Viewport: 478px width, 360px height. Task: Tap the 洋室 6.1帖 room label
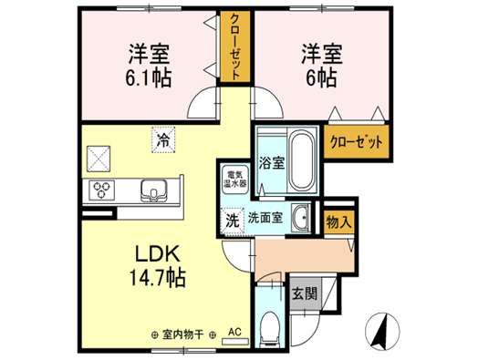tap(149, 65)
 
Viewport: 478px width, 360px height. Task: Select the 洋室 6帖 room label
tap(322, 65)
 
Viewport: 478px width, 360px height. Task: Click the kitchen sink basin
tap(153, 190)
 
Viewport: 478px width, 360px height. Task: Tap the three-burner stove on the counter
tap(101, 190)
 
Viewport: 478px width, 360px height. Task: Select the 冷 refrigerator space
tap(163, 139)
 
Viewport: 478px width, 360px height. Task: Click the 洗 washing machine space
tap(233, 221)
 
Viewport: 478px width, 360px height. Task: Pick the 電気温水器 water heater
tap(235, 180)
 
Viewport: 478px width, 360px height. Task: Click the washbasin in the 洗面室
tap(300, 217)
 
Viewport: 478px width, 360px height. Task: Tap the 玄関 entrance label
tap(305, 293)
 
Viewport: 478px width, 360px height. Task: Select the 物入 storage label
tap(338, 222)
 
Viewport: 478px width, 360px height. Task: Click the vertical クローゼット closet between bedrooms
tap(235, 46)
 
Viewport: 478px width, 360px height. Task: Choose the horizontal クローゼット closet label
tap(356, 142)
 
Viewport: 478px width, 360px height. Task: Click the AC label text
tap(235, 332)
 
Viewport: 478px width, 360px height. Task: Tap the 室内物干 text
tap(183, 335)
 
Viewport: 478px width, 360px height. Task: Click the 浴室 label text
tap(272, 163)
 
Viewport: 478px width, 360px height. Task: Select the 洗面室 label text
tap(265, 218)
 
